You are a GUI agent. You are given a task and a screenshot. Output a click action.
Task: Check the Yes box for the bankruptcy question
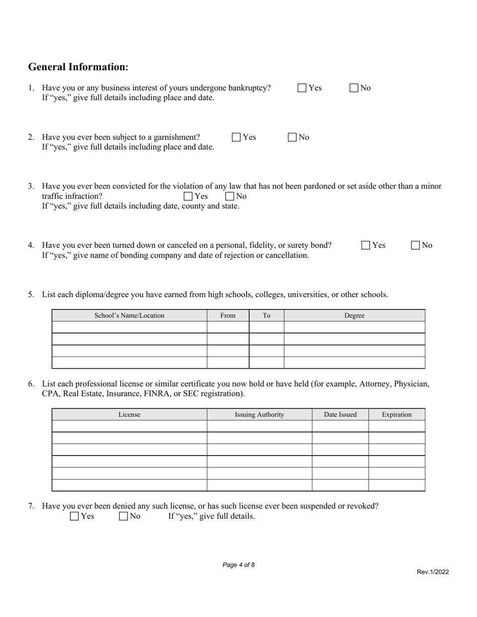[x=302, y=88]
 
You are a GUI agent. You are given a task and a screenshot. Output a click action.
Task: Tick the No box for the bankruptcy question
[x=354, y=88]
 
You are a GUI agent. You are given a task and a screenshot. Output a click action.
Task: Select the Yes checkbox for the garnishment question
[x=236, y=137]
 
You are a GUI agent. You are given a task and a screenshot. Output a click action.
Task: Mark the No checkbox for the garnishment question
[x=293, y=137]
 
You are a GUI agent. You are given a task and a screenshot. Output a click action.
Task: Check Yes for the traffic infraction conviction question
[x=188, y=196]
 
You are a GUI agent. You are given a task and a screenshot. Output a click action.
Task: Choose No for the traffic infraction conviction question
[x=230, y=196]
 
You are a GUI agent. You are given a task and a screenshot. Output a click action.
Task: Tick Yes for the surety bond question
[x=366, y=245]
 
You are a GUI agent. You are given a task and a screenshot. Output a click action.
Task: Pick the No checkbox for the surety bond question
[x=416, y=245]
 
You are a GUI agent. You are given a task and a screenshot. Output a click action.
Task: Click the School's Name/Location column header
[x=130, y=316]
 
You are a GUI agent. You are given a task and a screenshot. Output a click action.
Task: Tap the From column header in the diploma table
[x=228, y=316]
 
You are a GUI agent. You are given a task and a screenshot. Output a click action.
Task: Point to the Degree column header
[x=354, y=316]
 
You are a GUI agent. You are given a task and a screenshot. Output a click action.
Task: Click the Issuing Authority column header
[x=260, y=414]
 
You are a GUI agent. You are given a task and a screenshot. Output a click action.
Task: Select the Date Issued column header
[x=340, y=414]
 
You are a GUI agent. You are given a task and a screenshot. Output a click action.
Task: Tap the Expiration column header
[x=397, y=414]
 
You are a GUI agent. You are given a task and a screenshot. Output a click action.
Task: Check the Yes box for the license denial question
[x=74, y=516]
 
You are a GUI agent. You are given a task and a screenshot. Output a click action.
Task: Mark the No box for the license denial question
[x=124, y=516]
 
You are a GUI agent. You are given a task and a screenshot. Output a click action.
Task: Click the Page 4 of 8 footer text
[x=238, y=565]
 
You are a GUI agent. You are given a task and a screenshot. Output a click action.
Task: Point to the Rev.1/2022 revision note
[x=433, y=572]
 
